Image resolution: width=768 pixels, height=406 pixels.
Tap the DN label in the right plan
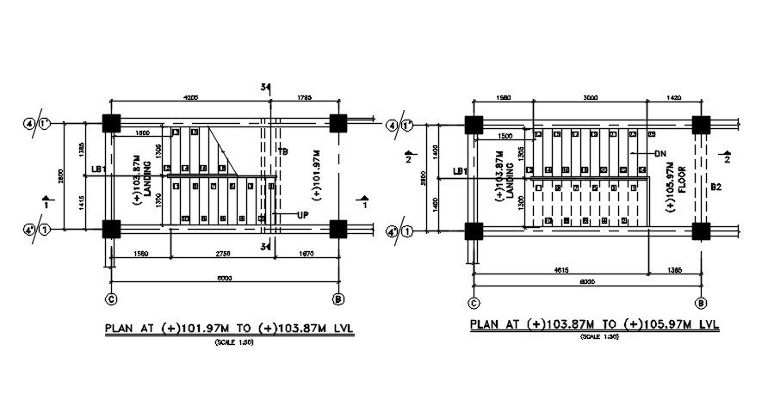660,153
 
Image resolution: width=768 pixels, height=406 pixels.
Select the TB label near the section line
282,151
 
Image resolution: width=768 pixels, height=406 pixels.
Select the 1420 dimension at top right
674,98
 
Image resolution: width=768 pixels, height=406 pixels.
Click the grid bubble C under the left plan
110,299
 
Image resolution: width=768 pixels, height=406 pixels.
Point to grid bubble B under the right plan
701,303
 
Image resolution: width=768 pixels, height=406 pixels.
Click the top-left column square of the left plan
111,124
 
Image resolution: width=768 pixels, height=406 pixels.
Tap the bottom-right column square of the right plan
701,231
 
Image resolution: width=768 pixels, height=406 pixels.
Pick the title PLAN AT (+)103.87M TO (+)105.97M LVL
594,325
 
